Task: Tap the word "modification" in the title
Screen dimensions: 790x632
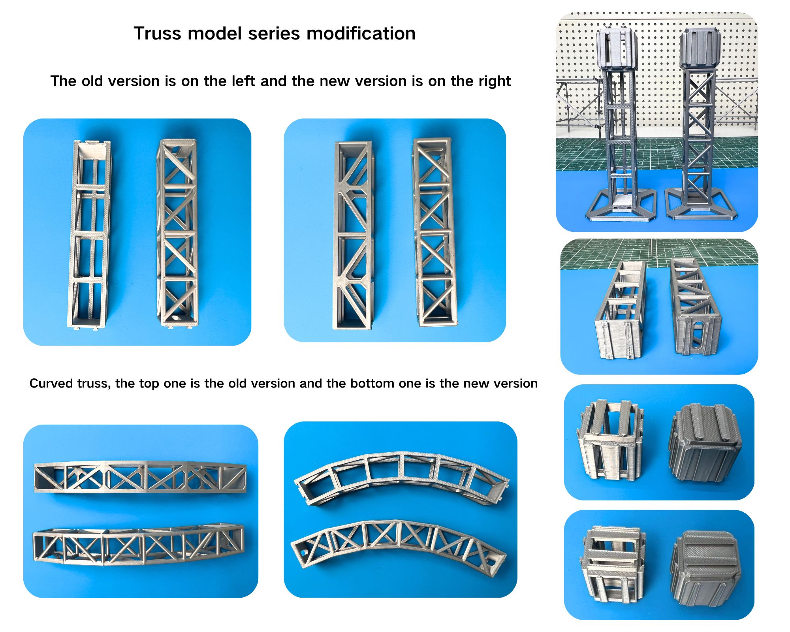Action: point(361,33)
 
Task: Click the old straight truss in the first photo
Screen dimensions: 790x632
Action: point(90,234)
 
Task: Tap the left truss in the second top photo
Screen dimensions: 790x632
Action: point(354,235)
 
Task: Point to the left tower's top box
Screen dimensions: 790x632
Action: point(616,47)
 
